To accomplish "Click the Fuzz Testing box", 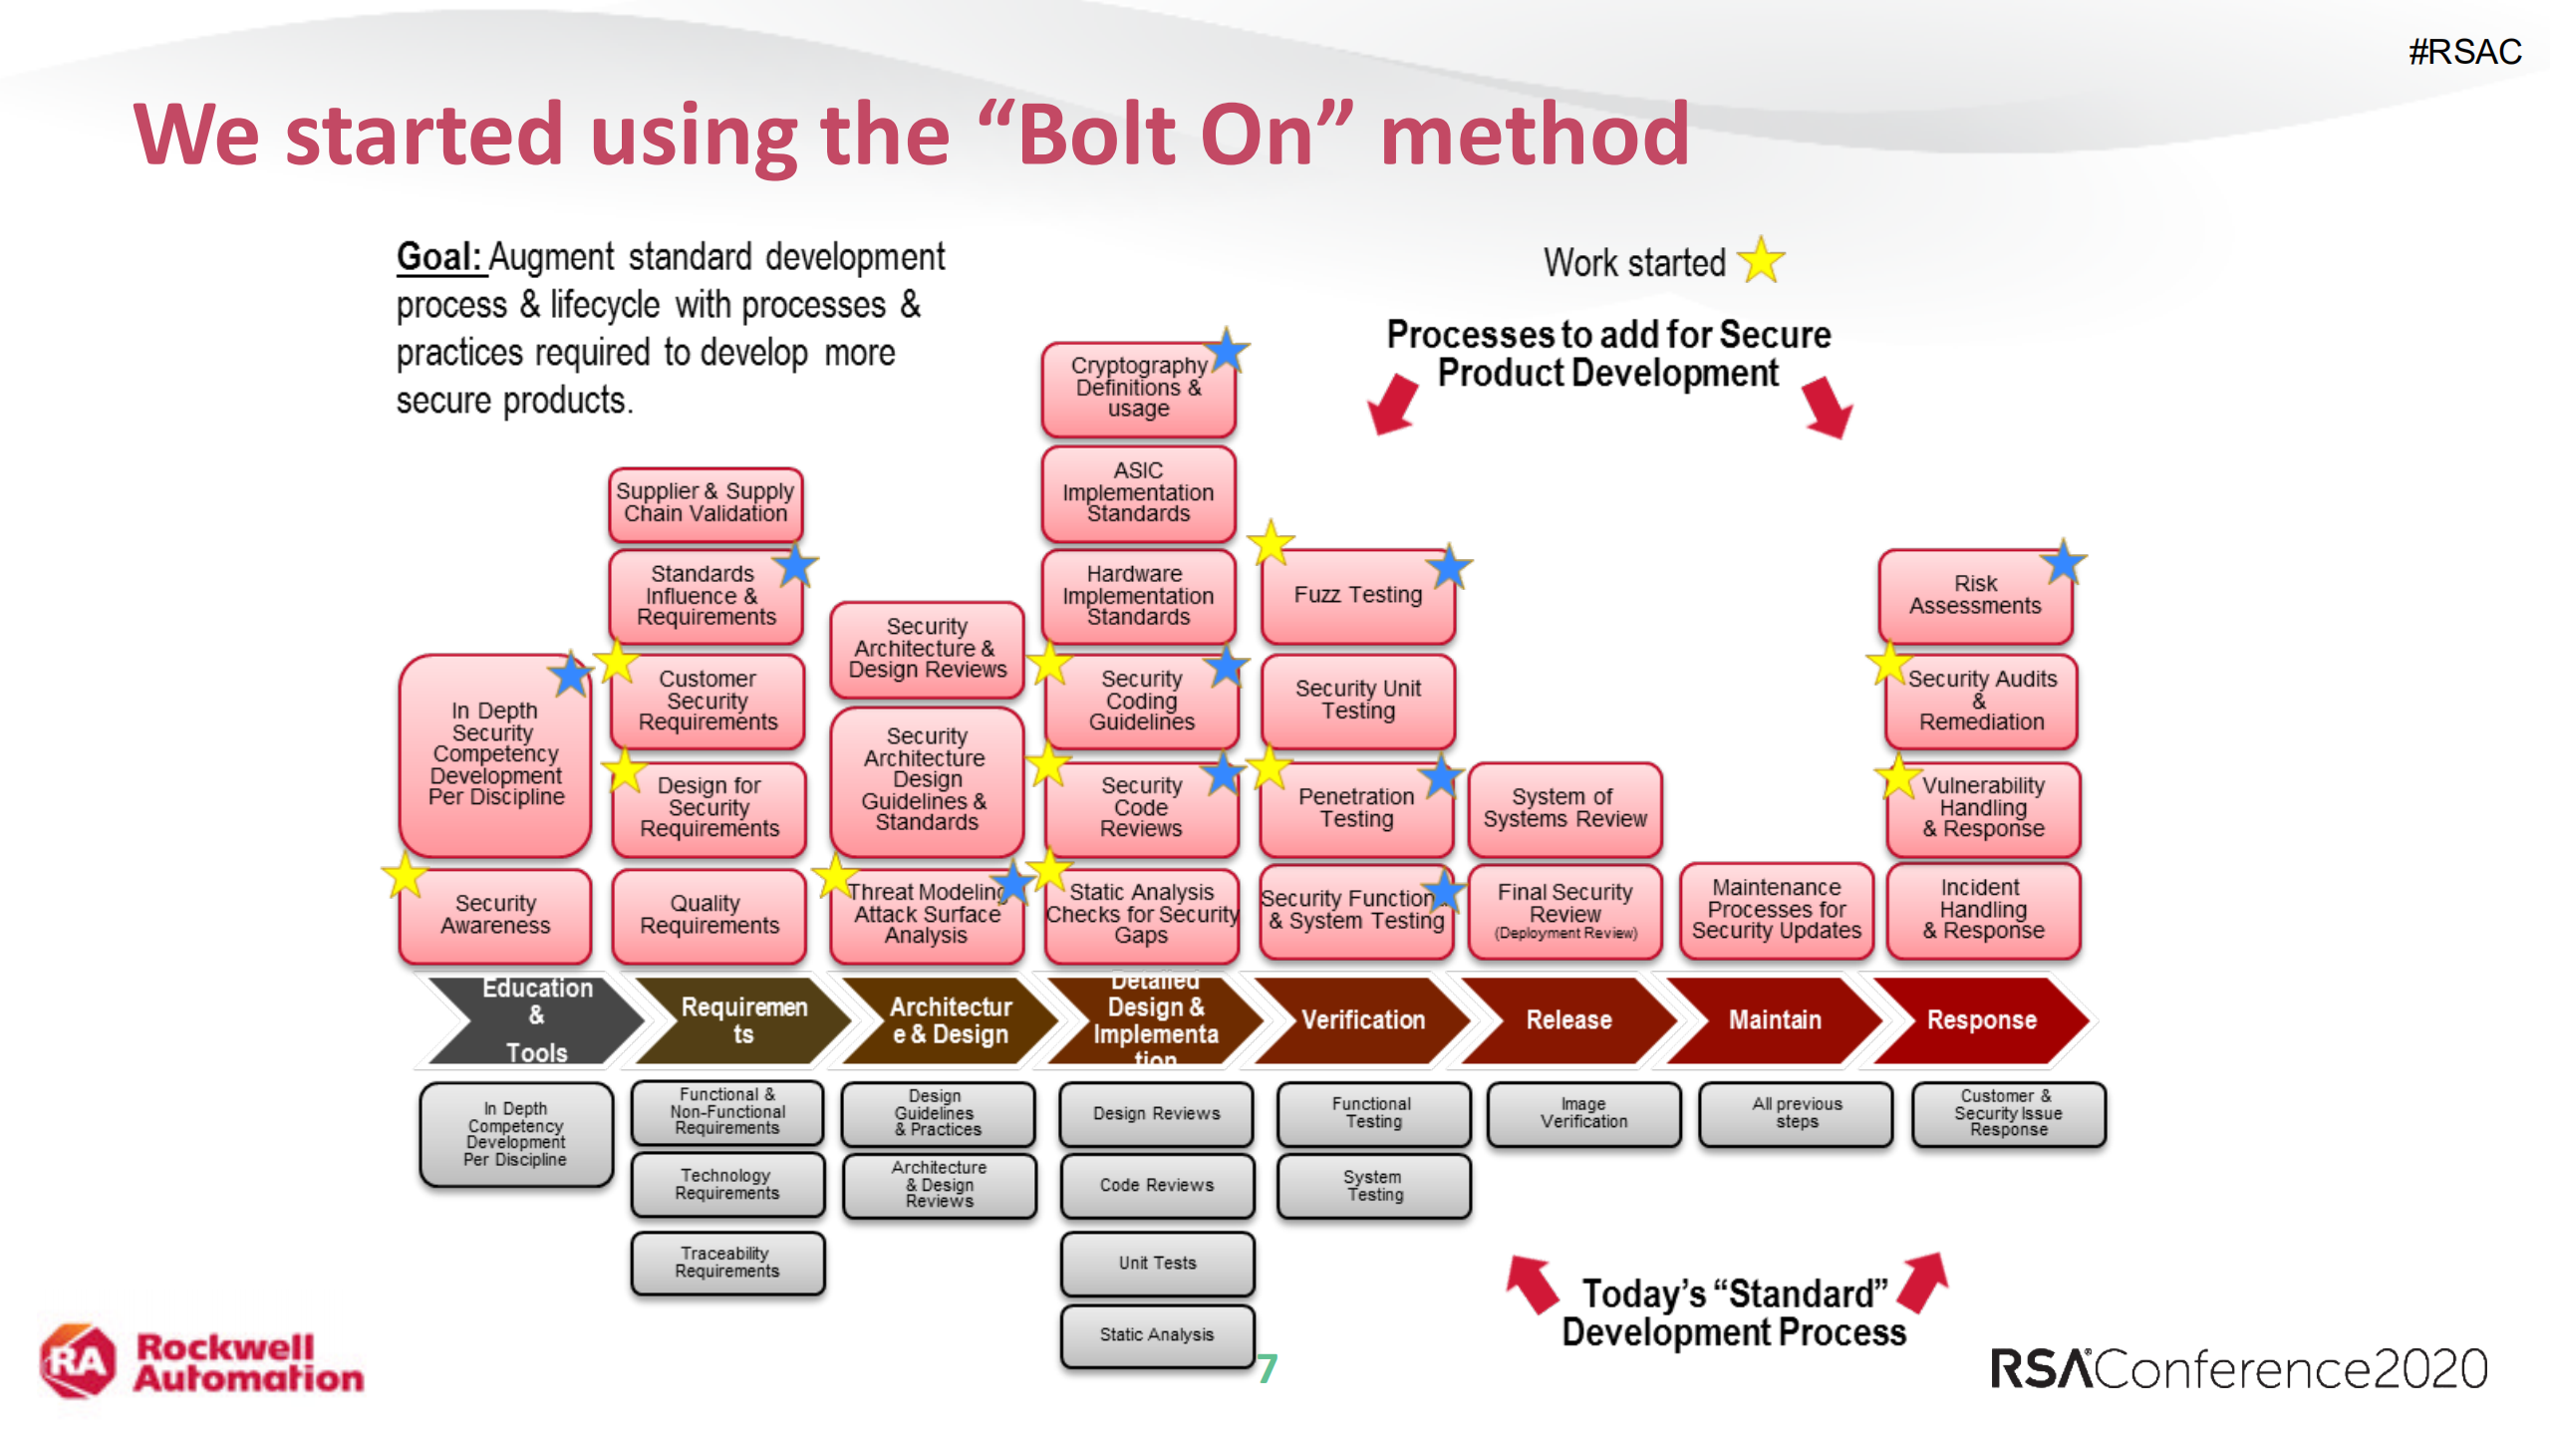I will pyautogui.click(x=1356, y=596).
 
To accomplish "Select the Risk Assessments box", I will pyautogui.click(x=1974, y=596).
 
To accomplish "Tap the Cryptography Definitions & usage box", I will pyautogui.click(x=1137, y=389).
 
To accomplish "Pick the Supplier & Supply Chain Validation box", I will pyautogui.click(x=705, y=503).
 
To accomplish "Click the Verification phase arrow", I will pyautogui.click(x=1361, y=1019).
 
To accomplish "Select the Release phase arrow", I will pyautogui.click(x=1567, y=1019).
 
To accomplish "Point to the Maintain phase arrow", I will pyautogui.click(x=1774, y=1019).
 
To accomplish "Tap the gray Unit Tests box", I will pyautogui.click(x=1156, y=1263).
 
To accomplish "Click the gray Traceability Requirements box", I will pyautogui.click(x=726, y=1263).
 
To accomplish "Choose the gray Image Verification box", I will pyautogui.click(x=1583, y=1113).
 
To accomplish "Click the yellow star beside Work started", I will pyautogui.click(x=1761, y=261).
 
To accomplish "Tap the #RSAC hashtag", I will pyautogui.click(x=2464, y=52).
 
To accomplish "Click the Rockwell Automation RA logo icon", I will pyautogui.click(x=78, y=1361).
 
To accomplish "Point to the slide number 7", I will pyautogui.click(x=1267, y=1368).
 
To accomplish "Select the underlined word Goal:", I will pyautogui.click(x=438, y=257).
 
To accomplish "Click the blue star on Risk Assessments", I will pyautogui.click(x=2062, y=563).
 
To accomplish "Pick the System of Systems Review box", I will pyautogui.click(x=1563, y=808).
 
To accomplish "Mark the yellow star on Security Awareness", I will pyautogui.click(x=405, y=876).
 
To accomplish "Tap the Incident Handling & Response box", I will pyautogui.click(x=1982, y=909).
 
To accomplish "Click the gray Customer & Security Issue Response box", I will pyautogui.click(x=2007, y=1113).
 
